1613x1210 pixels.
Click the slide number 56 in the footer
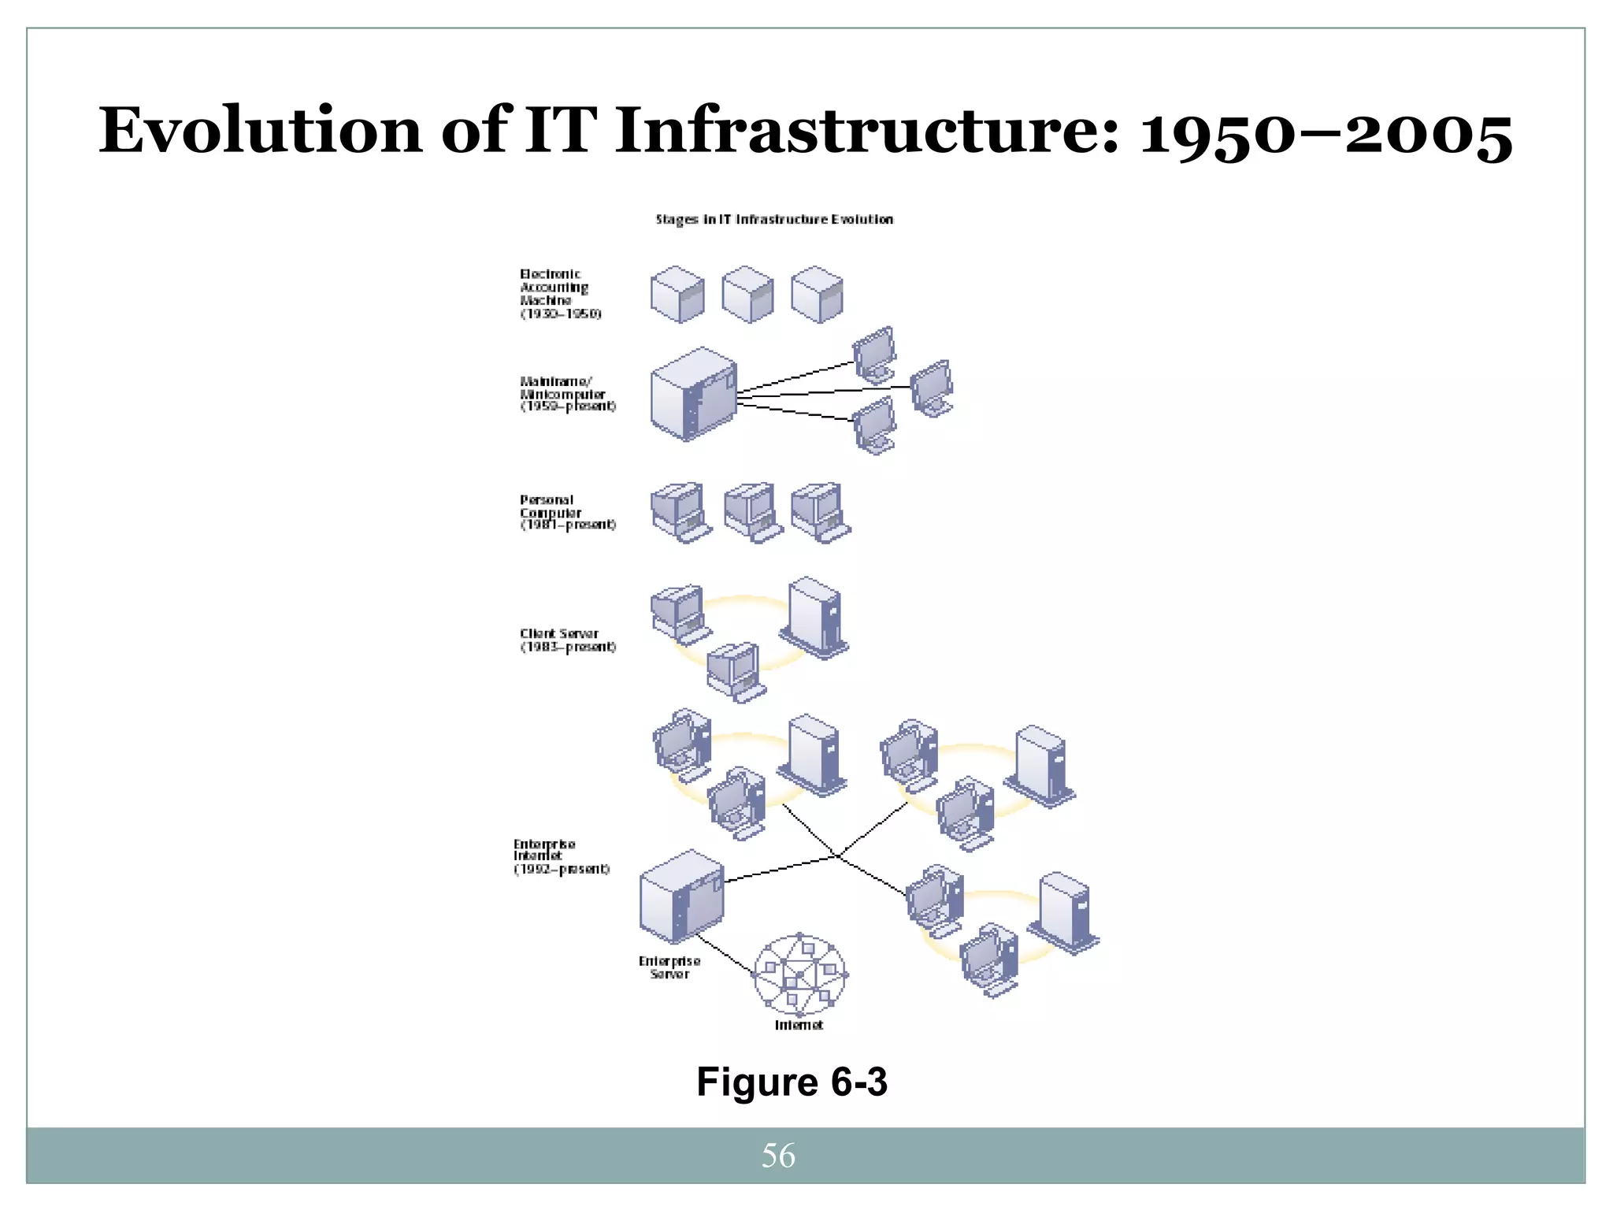tap(778, 1156)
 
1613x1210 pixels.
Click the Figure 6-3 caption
tap(792, 1082)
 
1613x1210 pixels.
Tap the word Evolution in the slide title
tap(260, 130)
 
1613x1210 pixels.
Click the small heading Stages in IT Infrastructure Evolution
tap(774, 220)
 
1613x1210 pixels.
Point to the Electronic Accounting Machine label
tap(559, 294)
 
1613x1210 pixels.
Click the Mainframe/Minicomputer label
tap(566, 394)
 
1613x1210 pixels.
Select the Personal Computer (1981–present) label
tap(566, 512)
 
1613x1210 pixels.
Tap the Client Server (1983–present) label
tap(566, 640)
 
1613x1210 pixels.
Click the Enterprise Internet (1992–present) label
tap(561, 856)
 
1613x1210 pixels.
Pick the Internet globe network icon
tap(799, 975)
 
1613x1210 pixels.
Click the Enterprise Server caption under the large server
tap(669, 967)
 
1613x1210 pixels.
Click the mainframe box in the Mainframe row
tap(692, 393)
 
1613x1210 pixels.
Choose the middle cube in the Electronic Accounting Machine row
tap(747, 294)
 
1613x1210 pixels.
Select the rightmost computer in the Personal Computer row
tap(820, 512)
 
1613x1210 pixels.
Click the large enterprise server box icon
tap(681, 896)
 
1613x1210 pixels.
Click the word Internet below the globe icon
tap(799, 1025)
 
